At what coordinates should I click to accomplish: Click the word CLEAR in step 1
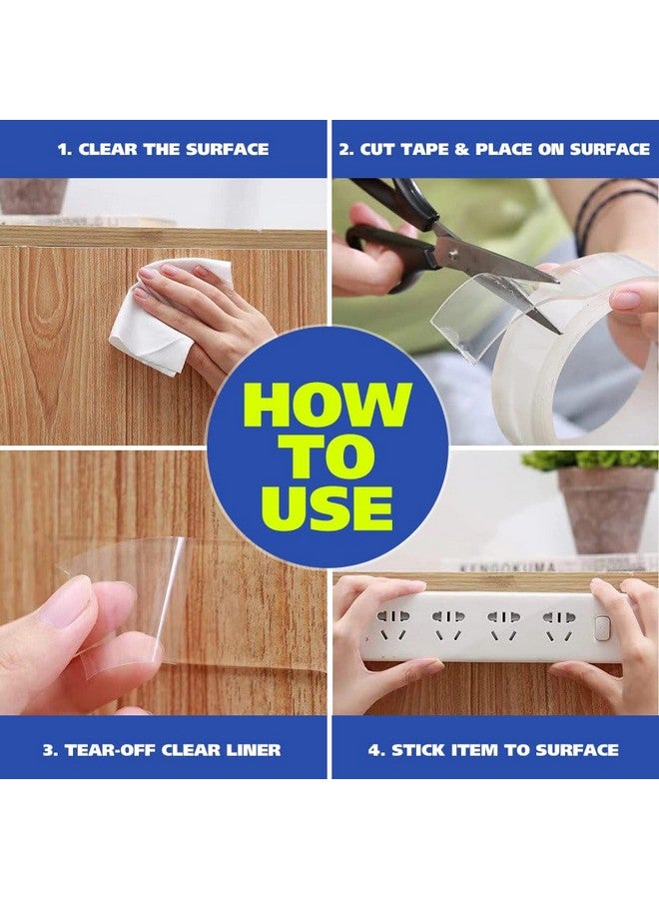[x=108, y=150]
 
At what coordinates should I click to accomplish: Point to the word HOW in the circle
[x=328, y=405]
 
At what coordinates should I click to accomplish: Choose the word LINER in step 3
[x=253, y=750]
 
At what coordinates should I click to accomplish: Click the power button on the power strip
[x=601, y=628]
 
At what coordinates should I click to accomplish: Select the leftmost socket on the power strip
[x=392, y=624]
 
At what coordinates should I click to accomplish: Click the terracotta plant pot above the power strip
[x=605, y=509]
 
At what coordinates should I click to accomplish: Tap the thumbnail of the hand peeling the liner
[x=63, y=602]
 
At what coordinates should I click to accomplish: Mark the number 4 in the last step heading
[x=375, y=750]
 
